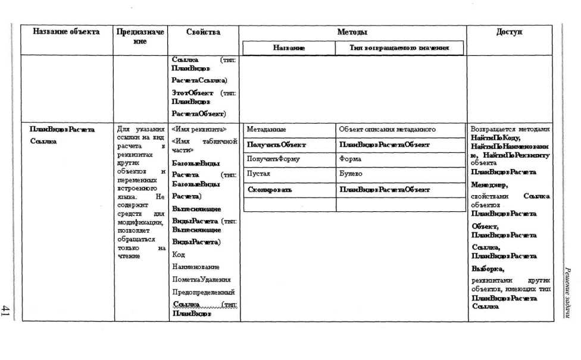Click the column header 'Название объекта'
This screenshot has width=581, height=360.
[x=66, y=32]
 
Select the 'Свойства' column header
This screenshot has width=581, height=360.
[x=203, y=32]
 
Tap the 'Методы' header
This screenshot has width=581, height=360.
[x=352, y=32]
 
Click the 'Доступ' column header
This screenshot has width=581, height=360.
[x=510, y=32]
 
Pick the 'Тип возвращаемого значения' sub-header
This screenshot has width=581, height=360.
[x=399, y=48]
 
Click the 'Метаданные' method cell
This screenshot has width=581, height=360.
[x=266, y=129]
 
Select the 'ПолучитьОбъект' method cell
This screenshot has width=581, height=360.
[x=276, y=145]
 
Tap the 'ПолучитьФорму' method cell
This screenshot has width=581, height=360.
[x=273, y=159]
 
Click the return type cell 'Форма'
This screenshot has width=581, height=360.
[x=351, y=159]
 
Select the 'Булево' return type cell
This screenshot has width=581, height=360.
[x=351, y=174]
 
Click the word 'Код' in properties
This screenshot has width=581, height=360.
[x=178, y=255]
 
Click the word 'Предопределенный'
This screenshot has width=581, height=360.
[x=202, y=292]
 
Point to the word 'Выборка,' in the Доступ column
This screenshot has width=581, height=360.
[x=488, y=268]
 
